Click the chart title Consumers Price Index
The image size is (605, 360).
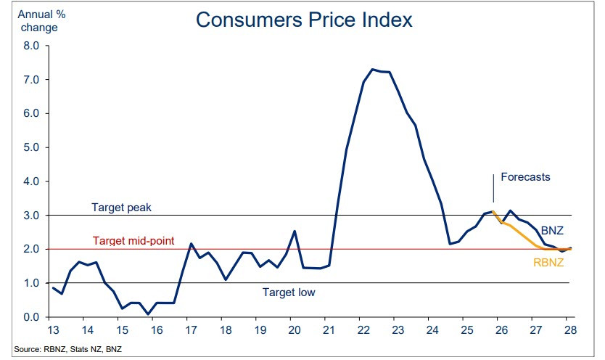click(x=303, y=20)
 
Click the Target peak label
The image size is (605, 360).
click(x=120, y=207)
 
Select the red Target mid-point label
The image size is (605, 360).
click(x=133, y=240)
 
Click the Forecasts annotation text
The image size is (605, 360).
click(x=525, y=176)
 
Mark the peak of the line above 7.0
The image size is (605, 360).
click(x=372, y=69)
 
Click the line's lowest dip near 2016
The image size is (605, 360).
click(x=148, y=314)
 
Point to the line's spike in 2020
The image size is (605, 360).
click(x=294, y=232)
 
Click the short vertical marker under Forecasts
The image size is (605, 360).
click(x=493, y=187)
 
